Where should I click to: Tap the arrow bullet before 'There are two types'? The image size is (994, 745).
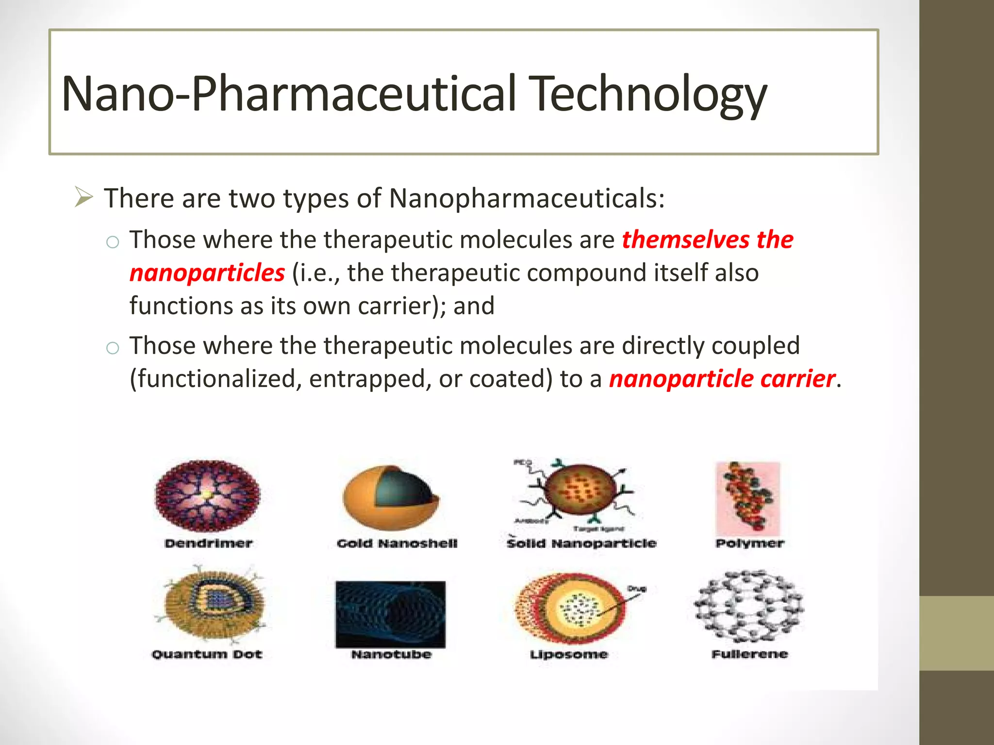click(83, 198)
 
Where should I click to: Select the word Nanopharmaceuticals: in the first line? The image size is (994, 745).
click(527, 199)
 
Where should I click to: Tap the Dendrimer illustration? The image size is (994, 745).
click(208, 496)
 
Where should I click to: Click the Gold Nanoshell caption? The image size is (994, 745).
click(397, 544)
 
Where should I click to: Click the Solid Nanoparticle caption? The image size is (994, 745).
click(581, 544)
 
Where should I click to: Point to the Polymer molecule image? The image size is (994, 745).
click(748, 499)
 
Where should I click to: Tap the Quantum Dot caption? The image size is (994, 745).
click(207, 654)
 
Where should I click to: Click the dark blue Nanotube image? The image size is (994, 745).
click(390, 614)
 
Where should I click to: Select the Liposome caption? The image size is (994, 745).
click(569, 655)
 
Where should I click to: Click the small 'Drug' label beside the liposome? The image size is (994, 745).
click(636, 589)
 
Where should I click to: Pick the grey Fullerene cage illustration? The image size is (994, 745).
click(749, 606)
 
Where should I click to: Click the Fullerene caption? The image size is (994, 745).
click(749, 654)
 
